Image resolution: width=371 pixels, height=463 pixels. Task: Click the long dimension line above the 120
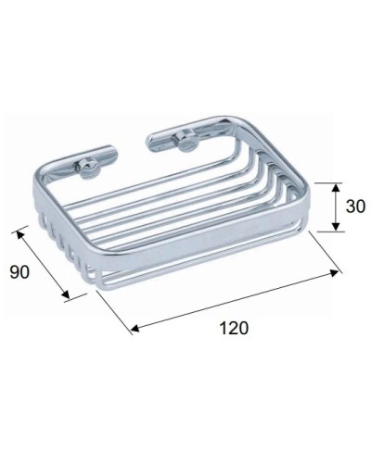237,300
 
